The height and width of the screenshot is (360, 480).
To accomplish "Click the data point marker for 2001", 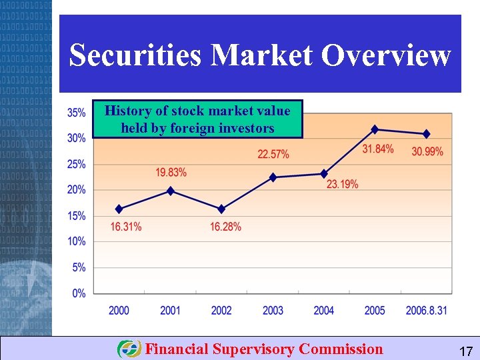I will tap(171, 191).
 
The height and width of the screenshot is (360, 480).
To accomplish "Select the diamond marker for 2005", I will tap(375, 129).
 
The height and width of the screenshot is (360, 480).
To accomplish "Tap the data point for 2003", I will tap(273, 177).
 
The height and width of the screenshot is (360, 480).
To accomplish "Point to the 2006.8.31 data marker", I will tap(427, 134).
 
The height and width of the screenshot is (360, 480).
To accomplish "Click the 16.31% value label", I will tap(126, 227).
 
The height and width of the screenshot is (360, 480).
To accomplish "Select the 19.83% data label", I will tap(171, 173).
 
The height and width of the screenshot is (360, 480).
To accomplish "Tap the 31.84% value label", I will tap(378, 149).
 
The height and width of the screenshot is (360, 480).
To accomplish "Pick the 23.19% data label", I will tap(343, 184).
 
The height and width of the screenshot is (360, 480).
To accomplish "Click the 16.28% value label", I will tap(225, 227).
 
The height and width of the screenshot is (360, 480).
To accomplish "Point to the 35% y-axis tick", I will tap(77, 113).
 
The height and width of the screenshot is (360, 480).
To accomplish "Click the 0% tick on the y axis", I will tap(79, 293).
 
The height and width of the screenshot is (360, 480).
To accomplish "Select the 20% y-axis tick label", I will tap(77, 190).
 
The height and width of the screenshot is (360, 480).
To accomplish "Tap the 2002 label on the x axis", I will tap(221, 310).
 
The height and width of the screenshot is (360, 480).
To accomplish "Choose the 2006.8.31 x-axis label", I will tap(427, 310).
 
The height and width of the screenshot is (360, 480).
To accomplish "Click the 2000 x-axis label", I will tap(119, 310).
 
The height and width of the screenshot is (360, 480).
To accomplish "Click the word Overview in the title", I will tap(386, 55).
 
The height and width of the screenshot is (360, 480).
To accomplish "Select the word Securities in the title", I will tap(135, 55).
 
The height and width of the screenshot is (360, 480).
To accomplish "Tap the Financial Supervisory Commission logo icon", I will tap(129, 349).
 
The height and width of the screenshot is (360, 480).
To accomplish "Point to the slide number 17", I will tap(466, 351).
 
